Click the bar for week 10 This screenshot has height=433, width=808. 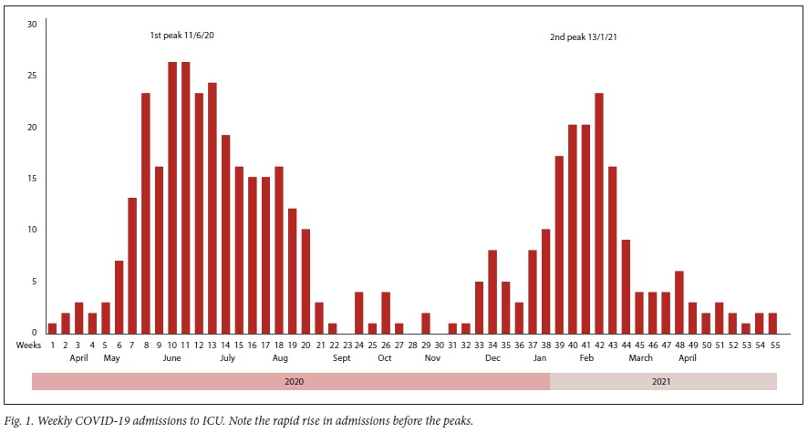(172, 197)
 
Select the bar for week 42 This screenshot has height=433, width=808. (599, 212)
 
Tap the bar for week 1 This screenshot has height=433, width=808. (52, 327)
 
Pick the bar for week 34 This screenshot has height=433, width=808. (492, 291)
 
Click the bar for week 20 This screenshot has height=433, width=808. (306, 280)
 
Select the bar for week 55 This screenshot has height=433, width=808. (773, 322)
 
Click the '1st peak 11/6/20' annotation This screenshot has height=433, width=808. (182, 36)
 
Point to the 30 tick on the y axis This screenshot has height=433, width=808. (32, 24)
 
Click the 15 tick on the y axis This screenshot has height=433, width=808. (32, 178)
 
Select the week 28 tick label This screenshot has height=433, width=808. (412, 345)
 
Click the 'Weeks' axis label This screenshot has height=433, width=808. (29, 345)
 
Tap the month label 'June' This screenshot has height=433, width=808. (171, 358)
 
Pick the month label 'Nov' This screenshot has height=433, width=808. (431, 358)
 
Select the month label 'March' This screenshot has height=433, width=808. (640, 358)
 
